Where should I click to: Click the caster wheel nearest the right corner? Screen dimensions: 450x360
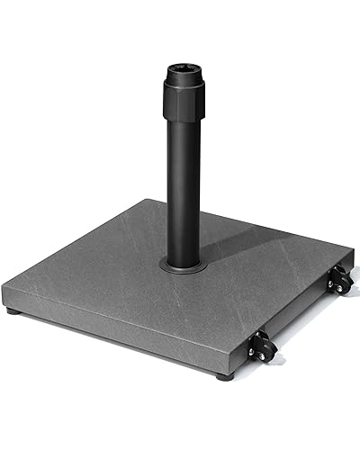point(339,281)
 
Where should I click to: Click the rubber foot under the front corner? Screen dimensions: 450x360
point(224,375)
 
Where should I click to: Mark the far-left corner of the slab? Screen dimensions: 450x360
point(4,286)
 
